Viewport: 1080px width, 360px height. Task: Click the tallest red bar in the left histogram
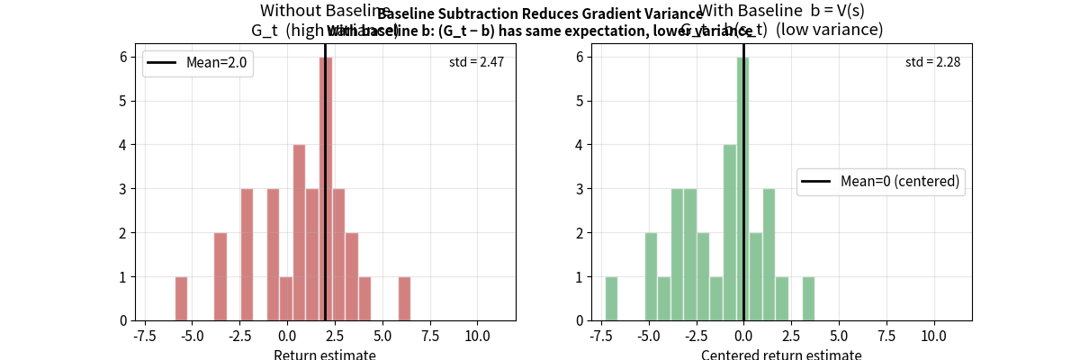point(325,189)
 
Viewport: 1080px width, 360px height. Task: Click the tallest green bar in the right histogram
point(742,189)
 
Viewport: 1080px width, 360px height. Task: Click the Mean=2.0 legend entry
point(198,63)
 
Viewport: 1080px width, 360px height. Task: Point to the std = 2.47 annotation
point(476,62)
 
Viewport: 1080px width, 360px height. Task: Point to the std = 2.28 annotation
point(932,62)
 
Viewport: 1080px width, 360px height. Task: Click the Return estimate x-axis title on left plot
point(325,354)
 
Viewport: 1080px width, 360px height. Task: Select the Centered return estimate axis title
point(781,354)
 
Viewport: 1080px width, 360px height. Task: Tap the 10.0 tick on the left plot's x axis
point(477,335)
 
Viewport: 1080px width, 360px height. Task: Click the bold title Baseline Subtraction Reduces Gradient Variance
point(540,13)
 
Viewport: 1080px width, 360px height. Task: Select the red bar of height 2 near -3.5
point(220,276)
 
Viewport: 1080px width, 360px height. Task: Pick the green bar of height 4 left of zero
point(730,232)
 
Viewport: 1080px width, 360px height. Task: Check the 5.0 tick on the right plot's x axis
point(839,335)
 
